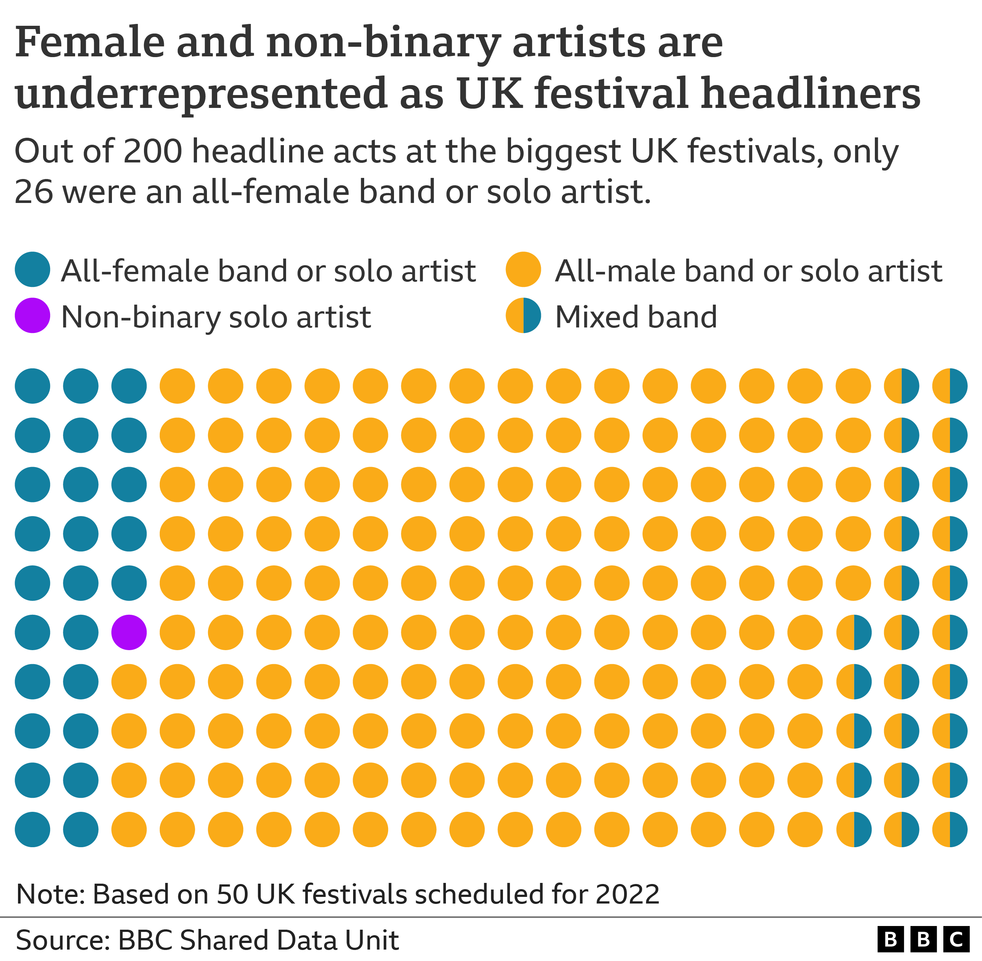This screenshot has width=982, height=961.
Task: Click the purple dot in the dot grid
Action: [x=129, y=632]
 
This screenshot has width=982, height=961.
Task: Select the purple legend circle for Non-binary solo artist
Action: [x=32, y=315]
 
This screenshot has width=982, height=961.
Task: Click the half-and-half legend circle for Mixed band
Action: [x=523, y=315]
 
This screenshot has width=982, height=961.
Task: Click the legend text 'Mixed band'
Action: [x=636, y=317]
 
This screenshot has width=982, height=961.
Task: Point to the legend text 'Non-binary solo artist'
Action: [x=216, y=317]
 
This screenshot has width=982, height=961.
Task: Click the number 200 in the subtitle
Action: [x=152, y=151]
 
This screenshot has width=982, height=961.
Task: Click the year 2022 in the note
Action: [x=627, y=894]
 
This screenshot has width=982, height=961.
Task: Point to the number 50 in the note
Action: [x=233, y=894]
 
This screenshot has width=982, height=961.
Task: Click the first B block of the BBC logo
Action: [x=891, y=939]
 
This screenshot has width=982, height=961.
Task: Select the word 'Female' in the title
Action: [x=90, y=42]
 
